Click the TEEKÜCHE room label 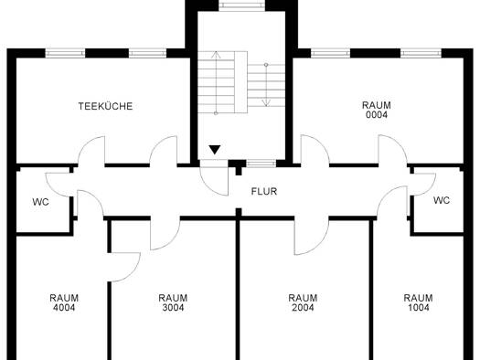[106, 106]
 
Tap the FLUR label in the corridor [264, 192]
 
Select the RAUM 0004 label [377, 110]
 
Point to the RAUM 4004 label [64, 302]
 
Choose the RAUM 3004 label [173, 302]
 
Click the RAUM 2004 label [303, 302]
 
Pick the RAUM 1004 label [418, 302]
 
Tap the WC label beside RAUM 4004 [41, 202]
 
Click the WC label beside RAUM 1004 [442, 201]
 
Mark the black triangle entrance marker [215, 150]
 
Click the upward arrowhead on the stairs [217, 55]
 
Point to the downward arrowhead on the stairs [266, 102]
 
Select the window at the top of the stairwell [242, 5]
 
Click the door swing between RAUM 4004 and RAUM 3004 [125, 267]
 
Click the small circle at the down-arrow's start [266, 65]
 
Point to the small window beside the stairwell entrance [261, 164]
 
